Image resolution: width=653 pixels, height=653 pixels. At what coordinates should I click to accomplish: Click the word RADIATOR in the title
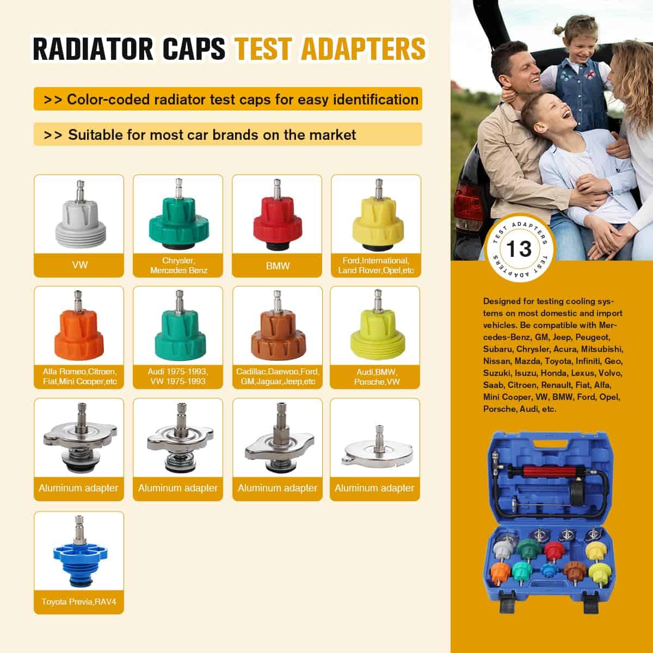[x=93, y=49]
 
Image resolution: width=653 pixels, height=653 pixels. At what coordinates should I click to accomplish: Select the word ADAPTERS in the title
[x=364, y=49]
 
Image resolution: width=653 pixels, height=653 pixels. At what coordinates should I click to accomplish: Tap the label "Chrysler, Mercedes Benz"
[x=178, y=266]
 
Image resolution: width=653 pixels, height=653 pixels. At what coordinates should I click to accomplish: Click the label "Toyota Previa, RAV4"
[x=79, y=601]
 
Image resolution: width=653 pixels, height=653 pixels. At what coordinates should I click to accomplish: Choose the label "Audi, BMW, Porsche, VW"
[x=377, y=377]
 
